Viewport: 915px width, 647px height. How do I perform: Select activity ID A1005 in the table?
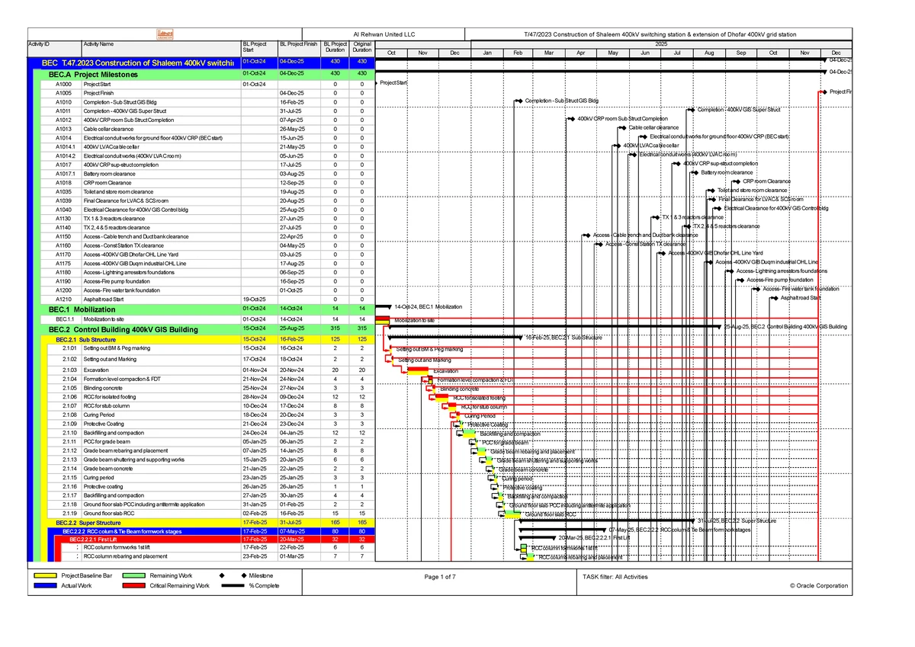[x=63, y=92]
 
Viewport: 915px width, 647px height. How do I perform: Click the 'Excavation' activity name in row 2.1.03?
[x=95, y=370]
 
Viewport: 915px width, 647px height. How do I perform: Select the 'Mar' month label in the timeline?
[x=548, y=53]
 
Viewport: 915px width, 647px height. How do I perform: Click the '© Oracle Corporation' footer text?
[x=819, y=585]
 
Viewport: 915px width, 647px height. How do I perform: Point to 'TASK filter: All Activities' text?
[x=615, y=577]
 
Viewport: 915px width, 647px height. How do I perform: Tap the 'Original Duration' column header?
[x=362, y=47]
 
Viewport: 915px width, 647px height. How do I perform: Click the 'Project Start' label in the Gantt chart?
[x=393, y=82]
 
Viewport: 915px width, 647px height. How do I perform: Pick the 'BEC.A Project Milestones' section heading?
[x=93, y=75]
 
